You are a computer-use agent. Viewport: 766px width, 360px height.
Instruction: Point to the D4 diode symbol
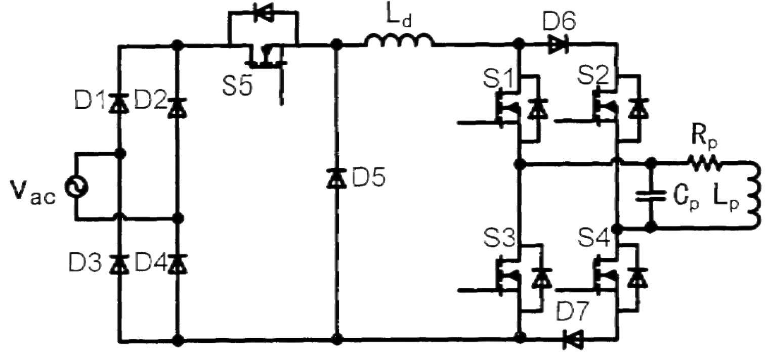click(x=177, y=263)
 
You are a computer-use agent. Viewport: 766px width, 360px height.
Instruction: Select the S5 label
click(x=239, y=86)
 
